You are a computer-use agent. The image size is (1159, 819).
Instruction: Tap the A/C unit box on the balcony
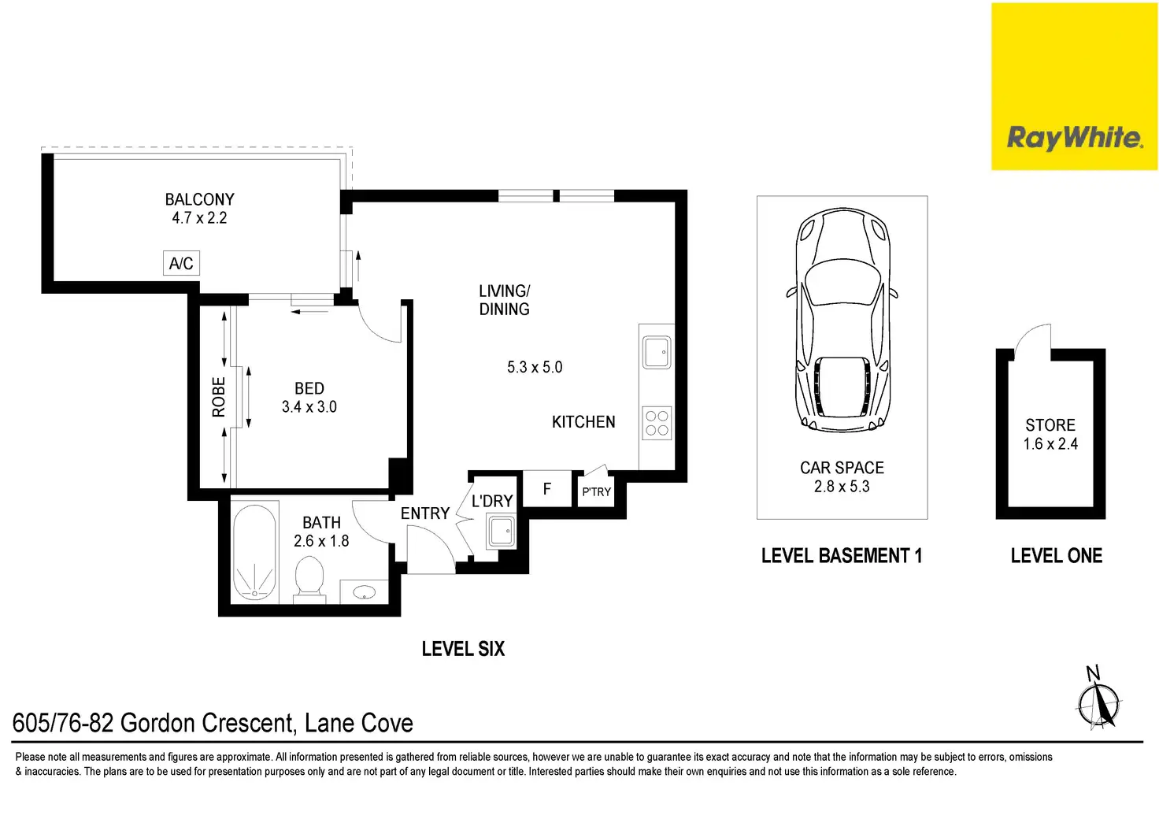[181, 263]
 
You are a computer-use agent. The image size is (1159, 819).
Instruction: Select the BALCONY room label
[200, 199]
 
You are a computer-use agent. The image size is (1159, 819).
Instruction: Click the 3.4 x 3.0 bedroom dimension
[309, 406]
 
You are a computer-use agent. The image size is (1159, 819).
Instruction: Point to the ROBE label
[219, 397]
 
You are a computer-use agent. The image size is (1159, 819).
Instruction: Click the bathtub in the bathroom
[254, 553]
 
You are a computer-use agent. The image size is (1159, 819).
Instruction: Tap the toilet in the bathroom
[309, 580]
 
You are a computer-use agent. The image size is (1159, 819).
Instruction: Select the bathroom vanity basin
[365, 592]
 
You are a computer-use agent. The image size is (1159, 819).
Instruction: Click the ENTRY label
[425, 513]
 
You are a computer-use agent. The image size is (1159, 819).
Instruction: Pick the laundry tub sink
[501, 531]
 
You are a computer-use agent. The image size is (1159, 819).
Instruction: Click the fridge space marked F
[547, 488]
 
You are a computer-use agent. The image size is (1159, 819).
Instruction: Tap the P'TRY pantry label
[597, 491]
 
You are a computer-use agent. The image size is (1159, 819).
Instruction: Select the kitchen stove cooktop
[657, 423]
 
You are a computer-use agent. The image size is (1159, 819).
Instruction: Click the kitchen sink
[657, 352]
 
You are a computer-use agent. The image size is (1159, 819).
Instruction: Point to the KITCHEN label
[583, 422]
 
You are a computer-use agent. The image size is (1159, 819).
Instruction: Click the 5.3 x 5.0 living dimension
[535, 367]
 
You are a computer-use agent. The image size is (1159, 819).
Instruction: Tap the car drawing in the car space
[842, 320]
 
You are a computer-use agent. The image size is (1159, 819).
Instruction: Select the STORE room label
[1050, 424]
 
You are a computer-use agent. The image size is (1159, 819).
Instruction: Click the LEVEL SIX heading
[463, 649]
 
